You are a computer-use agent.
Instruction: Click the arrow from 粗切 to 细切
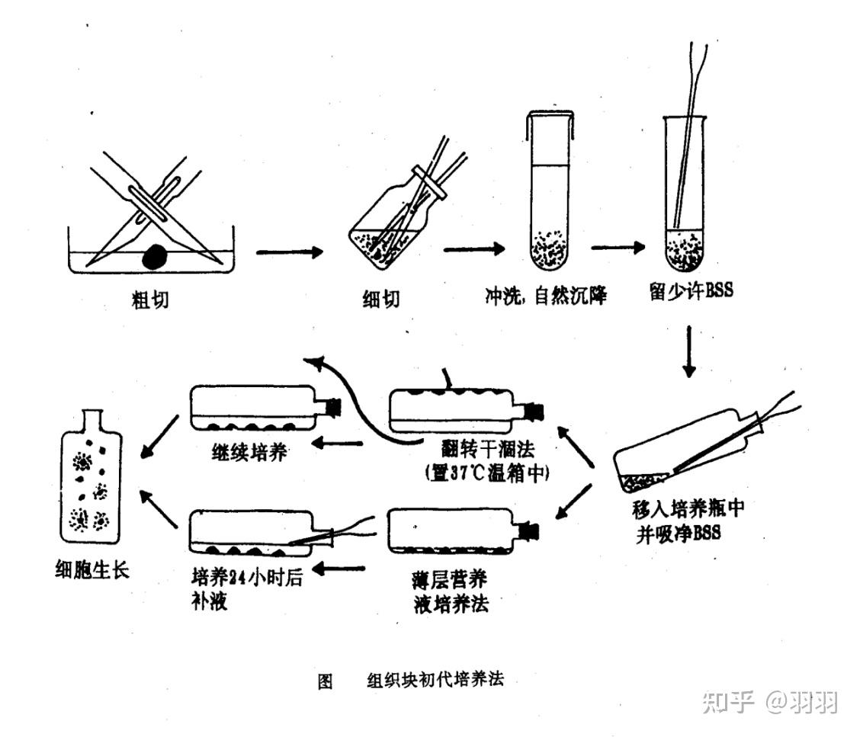[x=290, y=252]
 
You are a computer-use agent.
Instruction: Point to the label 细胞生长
[x=91, y=569]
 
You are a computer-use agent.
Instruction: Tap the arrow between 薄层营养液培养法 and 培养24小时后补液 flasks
[x=340, y=568]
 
